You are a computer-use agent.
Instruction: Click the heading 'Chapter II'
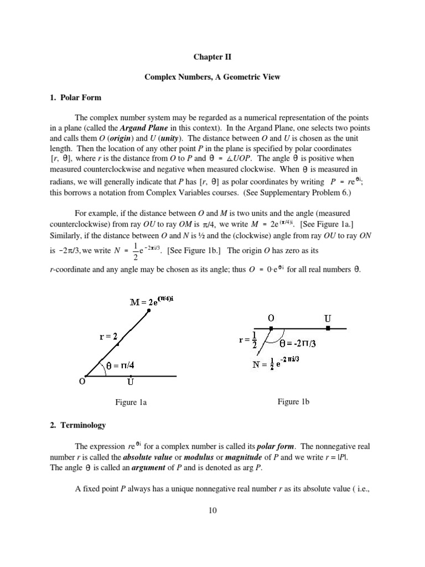[x=212, y=56]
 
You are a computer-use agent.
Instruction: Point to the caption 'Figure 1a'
[x=131, y=403]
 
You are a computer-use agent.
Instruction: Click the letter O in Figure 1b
[x=271, y=318]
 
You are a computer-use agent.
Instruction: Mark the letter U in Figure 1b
[x=328, y=318]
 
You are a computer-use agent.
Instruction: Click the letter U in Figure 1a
[x=130, y=382]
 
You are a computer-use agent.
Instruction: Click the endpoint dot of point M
[x=149, y=312]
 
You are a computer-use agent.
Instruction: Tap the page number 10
[x=212, y=510]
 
